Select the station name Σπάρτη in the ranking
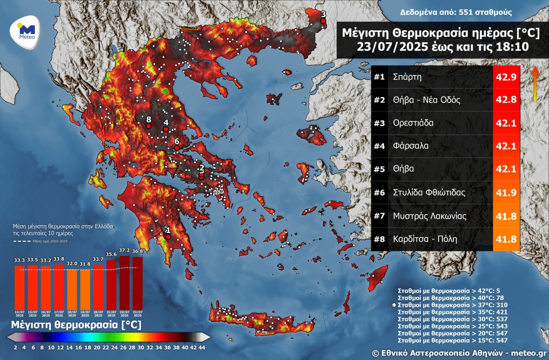[407, 77]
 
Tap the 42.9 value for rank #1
[506, 77]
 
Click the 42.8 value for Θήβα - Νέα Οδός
[506, 100]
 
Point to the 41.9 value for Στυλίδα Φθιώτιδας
[506, 193]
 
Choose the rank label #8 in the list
[379, 239]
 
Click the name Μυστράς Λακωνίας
[430, 216]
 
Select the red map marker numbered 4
[166, 129]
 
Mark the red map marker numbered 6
[176, 148]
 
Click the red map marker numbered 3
[323, 21]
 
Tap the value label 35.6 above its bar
[111, 254]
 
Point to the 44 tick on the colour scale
[202, 347]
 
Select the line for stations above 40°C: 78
[453, 297]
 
